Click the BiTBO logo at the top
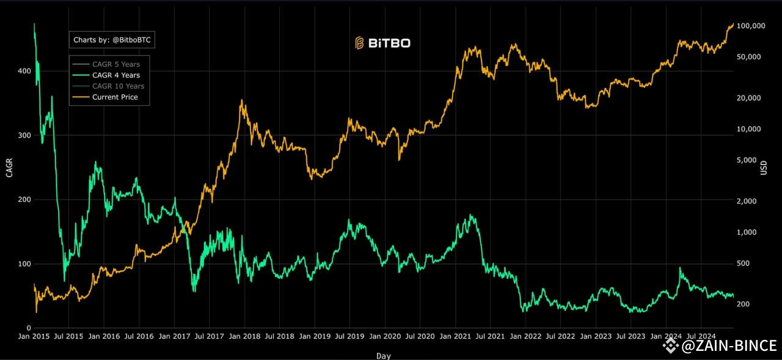pos(383,43)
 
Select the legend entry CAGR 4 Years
pos(115,75)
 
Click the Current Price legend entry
pos(115,97)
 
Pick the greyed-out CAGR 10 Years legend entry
pos(118,86)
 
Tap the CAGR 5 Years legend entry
pos(115,64)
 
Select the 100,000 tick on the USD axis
pos(751,26)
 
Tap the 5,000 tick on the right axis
pos(747,160)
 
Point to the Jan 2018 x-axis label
pos(243,336)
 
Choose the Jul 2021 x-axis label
pos(489,336)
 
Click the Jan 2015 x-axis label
pos(33,336)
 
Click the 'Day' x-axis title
pos(384,355)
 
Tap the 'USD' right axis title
pos(764,167)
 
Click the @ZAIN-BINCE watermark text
pos(729,346)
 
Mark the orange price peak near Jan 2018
pos(242,101)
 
